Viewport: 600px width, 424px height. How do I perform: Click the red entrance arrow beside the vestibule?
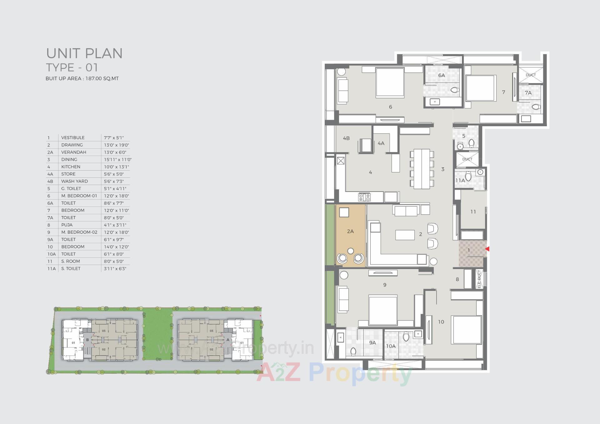pos(487,249)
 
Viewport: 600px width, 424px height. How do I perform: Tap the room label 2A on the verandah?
pos(350,232)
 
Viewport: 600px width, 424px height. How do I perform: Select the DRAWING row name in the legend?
pos(72,145)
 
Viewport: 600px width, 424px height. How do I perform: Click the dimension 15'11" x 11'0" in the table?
pos(117,159)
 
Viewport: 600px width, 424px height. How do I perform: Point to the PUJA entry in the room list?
pos(67,225)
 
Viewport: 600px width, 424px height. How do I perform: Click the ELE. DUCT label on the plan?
pos(479,279)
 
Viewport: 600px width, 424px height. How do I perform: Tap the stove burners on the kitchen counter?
pos(364,197)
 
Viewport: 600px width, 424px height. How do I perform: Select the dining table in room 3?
pos(422,169)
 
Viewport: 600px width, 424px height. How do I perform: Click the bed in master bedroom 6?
pos(390,82)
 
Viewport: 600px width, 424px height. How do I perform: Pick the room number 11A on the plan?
pos(460,181)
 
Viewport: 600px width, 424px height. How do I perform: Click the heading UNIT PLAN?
pos(84,53)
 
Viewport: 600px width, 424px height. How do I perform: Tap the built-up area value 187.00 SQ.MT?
pos(102,79)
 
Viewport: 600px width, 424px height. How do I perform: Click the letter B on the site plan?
pos(87,340)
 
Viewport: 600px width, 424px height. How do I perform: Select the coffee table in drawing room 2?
pos(405,235)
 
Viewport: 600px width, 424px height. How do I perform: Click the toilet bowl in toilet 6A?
pos(454,90)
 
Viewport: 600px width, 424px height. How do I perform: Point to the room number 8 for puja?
pos(457,279)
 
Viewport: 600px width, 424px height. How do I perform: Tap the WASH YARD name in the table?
pos(74,181)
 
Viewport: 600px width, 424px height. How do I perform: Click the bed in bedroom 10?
pos(467,330)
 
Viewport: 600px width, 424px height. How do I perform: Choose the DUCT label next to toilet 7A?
pos(531,75)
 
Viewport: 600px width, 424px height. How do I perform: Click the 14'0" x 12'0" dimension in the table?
pos(116,247)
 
